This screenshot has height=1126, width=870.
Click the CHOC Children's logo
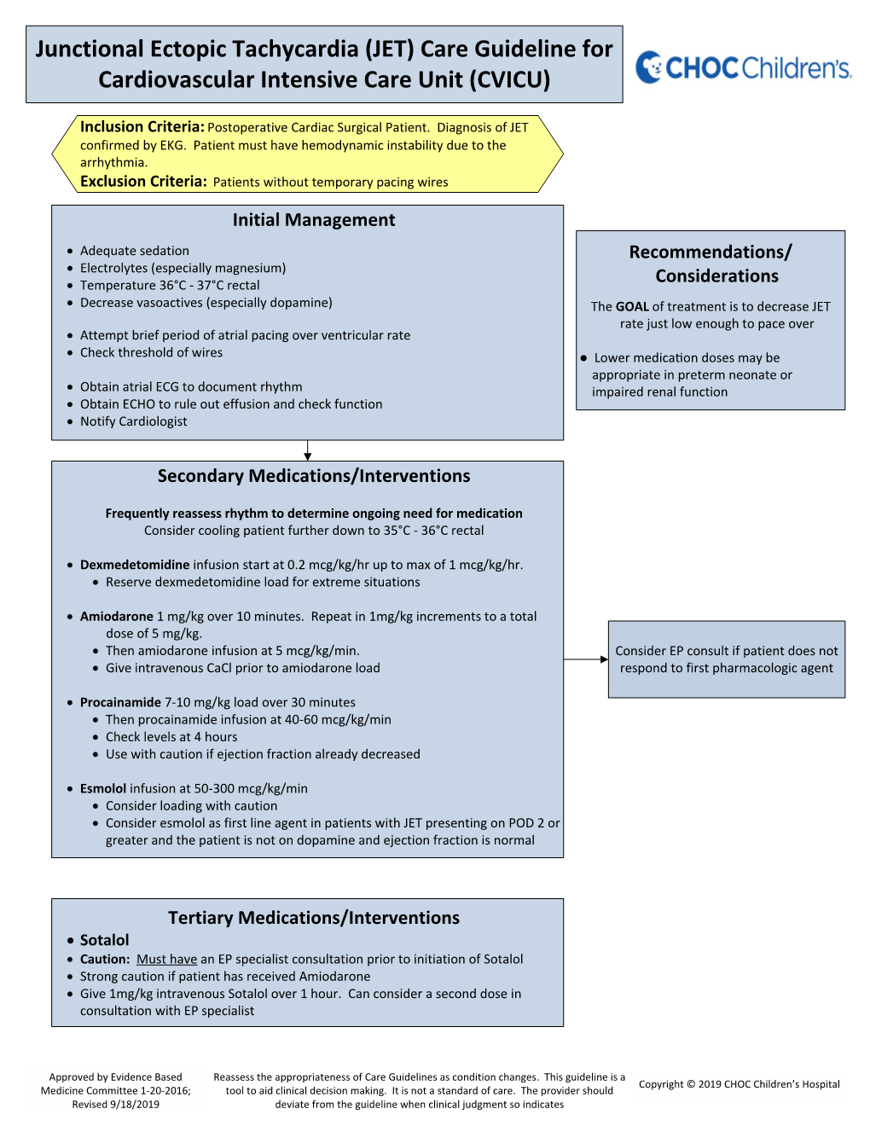click(743, 67)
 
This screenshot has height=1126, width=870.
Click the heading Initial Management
click(314, 220)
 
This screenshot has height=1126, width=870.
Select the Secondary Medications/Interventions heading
click(314, 476)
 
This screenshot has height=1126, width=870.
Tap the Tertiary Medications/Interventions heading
click(314, 918)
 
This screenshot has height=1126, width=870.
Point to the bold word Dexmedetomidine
click(135, 565)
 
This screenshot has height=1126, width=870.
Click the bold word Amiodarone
click(117, 617)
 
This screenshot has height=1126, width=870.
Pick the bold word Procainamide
click(120, 703)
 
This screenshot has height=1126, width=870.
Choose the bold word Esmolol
click(103, 789)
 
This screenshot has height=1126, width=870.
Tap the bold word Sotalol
click(104, 940)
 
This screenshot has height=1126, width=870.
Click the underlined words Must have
click(166, 960)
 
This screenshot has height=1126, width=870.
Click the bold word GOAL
click(632, 307)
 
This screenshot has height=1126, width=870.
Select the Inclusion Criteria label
click(142, 127)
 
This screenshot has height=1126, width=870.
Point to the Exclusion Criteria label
click(143, 182)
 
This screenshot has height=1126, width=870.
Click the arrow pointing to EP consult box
click(586, 659)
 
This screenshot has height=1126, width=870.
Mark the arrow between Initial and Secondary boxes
click(308, 450)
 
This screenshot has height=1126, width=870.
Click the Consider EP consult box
click(727, 659)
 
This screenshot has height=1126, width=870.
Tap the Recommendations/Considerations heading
click(711, 264)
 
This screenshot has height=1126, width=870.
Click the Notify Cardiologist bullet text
click(133, 421)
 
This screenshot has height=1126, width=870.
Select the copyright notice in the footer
click(739, 1084)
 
